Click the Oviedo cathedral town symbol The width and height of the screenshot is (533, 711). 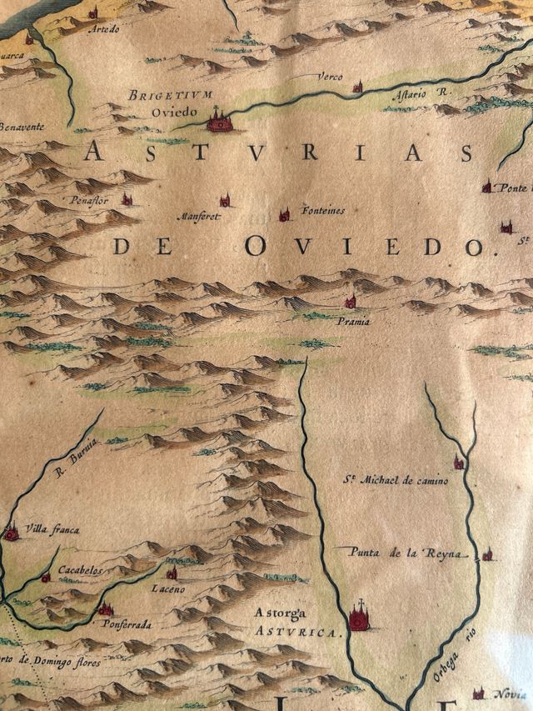[x=219, y=122]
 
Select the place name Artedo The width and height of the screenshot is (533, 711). [x=104, y=29]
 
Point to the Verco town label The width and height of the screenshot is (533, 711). [x=329, y=78]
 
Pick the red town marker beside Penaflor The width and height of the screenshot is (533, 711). [x=127, y=199]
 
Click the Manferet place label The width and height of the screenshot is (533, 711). [x=198, y=217]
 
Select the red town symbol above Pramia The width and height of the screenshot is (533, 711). [x=351, y=301]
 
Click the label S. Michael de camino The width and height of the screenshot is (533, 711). [x=396, y=481]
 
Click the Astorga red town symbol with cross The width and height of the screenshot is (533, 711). [x=359, y=618]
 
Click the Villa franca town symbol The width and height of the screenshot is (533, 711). [x=11, y=532]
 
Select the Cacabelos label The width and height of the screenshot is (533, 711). [x=80, y=572]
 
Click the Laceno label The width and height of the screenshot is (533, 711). [x=167, y=589]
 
